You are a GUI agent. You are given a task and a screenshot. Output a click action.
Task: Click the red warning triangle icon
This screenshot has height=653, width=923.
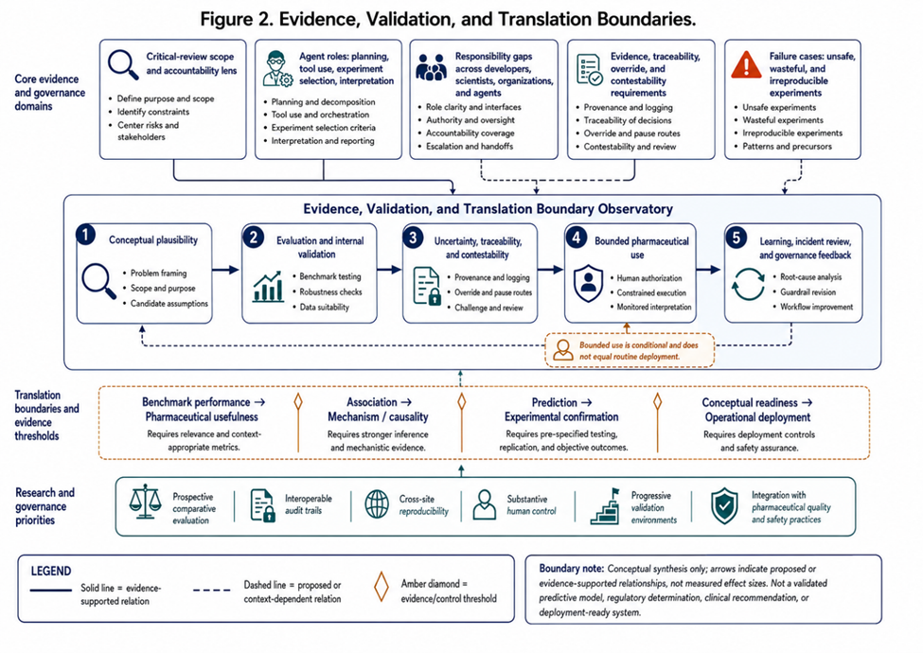click(x=746, y=64)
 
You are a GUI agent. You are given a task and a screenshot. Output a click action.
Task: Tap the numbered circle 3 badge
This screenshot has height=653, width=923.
click(x=414, y=238)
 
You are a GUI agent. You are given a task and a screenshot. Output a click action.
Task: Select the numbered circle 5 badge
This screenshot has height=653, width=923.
click(x=736, y=238)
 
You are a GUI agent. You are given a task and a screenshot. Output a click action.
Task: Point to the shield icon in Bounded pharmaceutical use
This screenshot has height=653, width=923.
click(x=588, y=283)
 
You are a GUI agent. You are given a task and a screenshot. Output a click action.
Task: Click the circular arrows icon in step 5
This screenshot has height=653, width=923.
click(x=748, y=284)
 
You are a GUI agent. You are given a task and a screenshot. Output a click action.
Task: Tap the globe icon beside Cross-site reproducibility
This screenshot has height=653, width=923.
click(x=377, y=504)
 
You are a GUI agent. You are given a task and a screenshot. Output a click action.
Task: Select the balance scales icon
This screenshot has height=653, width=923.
click(x=145, y=502)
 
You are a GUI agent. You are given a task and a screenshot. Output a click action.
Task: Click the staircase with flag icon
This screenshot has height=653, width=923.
click(x=605, y=506)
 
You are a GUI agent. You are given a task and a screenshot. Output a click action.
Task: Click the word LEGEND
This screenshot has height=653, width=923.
click(x=51, y=572)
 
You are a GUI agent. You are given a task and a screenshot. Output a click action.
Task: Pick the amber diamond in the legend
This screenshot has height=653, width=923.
click(x=382, y=587)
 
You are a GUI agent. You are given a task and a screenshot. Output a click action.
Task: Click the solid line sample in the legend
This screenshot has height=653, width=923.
click(x=50, y=590)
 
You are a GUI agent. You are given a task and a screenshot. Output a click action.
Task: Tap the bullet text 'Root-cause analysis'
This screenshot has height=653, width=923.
click(x=810, y=276)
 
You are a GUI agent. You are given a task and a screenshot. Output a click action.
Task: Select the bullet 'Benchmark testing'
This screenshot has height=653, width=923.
click(x=330, y=276)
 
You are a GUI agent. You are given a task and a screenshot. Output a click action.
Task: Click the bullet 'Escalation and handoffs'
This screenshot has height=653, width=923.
click(x=470, y=146)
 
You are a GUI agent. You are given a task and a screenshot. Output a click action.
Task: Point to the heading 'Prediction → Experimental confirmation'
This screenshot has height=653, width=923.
click(x=561, y=410)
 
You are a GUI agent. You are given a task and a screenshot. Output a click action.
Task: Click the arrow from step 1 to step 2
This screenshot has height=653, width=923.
click(x=225, y=270)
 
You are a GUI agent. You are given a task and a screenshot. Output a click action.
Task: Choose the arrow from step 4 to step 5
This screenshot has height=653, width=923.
click(x=708, y=270)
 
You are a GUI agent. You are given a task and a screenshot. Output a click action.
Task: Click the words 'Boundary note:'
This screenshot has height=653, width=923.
click(x=571, y=568)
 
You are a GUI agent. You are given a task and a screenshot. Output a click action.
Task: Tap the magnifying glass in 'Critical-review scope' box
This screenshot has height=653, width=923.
click(x=123, y=64)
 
